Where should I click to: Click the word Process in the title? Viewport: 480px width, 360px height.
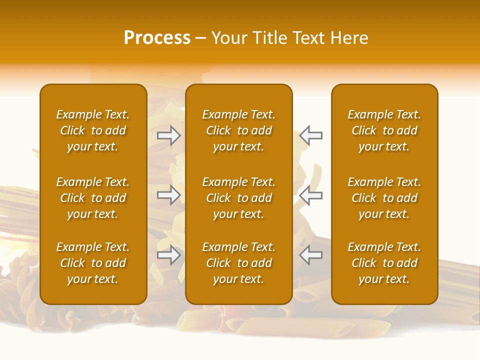[x=157, y=38]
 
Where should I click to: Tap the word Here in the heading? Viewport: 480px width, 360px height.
[x=349, y=38]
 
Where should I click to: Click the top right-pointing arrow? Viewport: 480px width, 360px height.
[x=169, y=135]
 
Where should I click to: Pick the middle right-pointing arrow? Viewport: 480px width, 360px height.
[x=169, y=195]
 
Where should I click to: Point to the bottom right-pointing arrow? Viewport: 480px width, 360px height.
[x=169, y=255]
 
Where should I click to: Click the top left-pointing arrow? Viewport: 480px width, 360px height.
[x=311, y=135]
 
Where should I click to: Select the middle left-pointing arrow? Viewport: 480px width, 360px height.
[x=311, y=195]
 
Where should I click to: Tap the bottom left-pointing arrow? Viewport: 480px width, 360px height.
[x=311, y=255]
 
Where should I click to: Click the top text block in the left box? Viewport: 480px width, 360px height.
[x=93, y=130]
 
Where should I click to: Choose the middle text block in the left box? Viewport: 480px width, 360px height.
[x=93, y=198]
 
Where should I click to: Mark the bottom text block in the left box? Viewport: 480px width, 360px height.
[x=93, y=263]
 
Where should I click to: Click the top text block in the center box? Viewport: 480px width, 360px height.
[x=239, y=130]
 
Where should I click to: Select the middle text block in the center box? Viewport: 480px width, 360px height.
[x=239, y=198]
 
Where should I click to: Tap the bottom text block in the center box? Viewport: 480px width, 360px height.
[x=239, y=263]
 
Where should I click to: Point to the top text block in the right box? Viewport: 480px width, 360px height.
[x=384, y=130]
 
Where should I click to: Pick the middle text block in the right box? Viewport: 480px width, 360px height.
[x=384, y=198]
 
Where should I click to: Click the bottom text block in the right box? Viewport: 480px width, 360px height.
[x=384, y=263]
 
